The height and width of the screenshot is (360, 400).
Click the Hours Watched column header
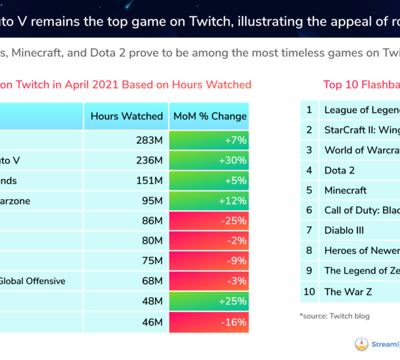click(x=126, y=116)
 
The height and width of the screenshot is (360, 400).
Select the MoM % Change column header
click(x=209, y=116)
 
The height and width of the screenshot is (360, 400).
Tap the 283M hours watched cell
click(x=151, y=141)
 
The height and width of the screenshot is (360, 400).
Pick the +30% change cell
click(x=209, y=161)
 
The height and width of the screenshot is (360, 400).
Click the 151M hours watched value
click(x=150, y=181)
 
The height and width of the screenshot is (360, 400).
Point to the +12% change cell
click(x=209, y=201)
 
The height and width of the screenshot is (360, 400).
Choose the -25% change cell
click(x=209, y=221)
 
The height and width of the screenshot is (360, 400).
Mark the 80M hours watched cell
click(x=151, y=241)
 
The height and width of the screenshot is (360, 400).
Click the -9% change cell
click(x=209, y=261)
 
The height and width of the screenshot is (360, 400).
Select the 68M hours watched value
click(x=151, y=281)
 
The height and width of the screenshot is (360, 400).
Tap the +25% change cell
click(x=209, y=301)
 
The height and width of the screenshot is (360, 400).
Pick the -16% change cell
click(x=209, y=322)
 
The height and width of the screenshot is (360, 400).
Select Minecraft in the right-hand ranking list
click(x=345, y=190)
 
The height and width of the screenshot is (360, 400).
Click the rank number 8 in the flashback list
click(x=309, y=251)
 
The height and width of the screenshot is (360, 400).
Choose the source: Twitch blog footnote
click(x=334, y=316)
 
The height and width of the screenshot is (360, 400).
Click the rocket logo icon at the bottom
click(x=361, y=344)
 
